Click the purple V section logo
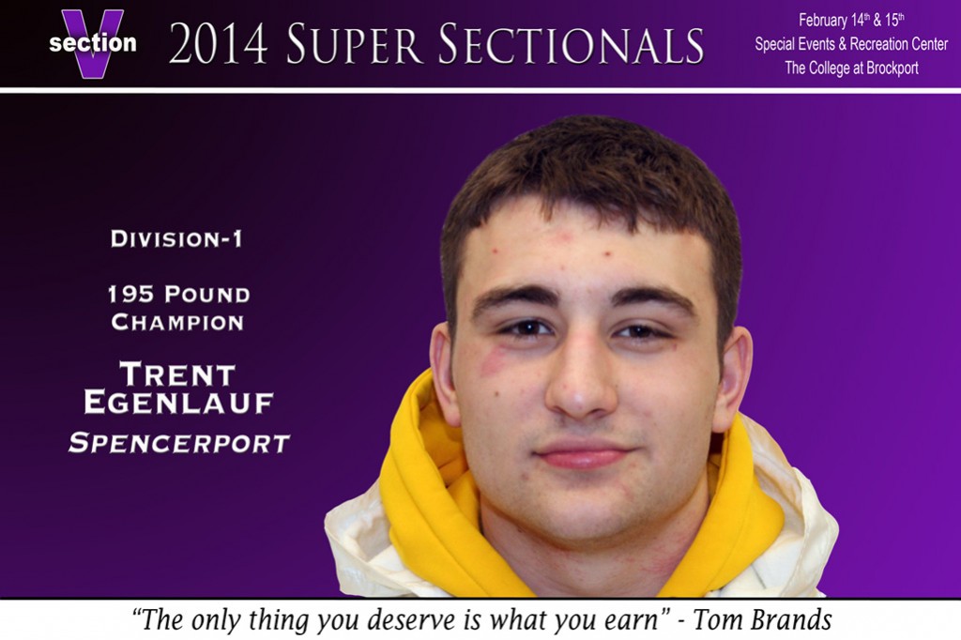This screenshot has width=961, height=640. coord(93,43)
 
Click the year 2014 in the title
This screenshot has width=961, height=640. coord(218,44)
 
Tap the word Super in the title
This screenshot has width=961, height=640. coord(354,44)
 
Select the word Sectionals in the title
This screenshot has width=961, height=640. coord(572,44)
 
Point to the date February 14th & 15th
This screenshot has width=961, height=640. coord(851,21)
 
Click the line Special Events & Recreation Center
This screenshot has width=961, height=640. coord(851,44)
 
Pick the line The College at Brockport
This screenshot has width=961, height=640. coord(851,69)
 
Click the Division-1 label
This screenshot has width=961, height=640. coord(176,238)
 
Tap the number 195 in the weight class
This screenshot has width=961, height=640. coord(130,295)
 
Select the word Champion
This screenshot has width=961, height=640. coord(177,323)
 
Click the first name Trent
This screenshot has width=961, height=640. coord(177,373)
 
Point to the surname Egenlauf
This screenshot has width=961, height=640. coord(178,403)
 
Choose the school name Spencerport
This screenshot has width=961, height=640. coord(179,443)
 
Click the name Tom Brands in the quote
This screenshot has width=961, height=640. coord(762,619)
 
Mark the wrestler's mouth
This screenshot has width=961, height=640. coord(582,454)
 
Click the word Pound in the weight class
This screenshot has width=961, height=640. coord(206,295)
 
